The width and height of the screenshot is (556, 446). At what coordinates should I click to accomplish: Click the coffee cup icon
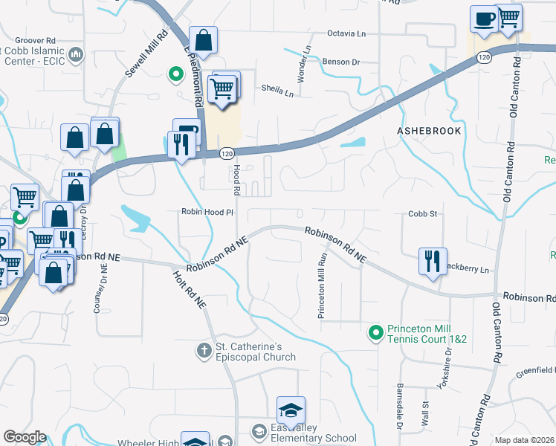483,19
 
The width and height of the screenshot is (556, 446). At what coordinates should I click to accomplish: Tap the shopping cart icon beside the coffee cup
508,17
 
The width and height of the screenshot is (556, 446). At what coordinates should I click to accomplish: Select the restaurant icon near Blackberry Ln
432,261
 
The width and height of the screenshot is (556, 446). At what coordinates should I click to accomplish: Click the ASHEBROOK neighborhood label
429,130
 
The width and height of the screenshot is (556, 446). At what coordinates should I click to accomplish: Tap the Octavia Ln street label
348,33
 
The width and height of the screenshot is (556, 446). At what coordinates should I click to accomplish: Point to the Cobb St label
421,213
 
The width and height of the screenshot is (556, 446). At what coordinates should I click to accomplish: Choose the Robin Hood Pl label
207,212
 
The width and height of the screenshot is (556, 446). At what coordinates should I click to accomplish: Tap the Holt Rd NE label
189,289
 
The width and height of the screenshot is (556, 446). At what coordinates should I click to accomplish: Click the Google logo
25,437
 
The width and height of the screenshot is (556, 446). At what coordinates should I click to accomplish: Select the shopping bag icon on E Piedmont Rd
202,40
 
